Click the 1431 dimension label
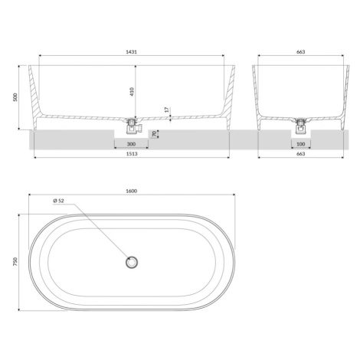[x=131, y=52]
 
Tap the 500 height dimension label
[x=15, y=97]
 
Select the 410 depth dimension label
[x=132, y=91]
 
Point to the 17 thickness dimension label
[x=166, y=110]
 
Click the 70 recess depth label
[x=154, y=134]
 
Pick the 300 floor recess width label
[x=131, y=144]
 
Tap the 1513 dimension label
[x=132, y=154]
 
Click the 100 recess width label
[x=301, y=144]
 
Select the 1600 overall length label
[x=132, y=191]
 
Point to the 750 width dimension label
[x=15, y=262]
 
